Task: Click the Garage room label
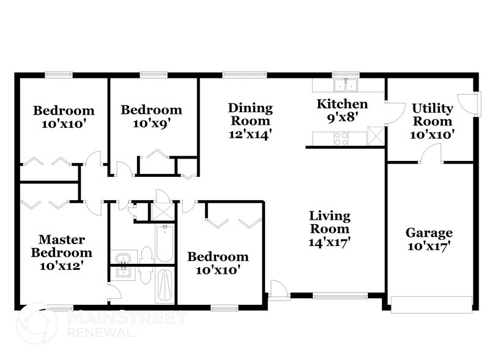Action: pos(429,233)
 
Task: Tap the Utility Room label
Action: pos(431,114)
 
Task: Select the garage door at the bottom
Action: pos(432,304)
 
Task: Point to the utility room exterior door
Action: pos(469,103)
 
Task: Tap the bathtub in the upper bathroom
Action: pos(163,243)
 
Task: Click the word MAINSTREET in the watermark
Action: pos(125,318)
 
